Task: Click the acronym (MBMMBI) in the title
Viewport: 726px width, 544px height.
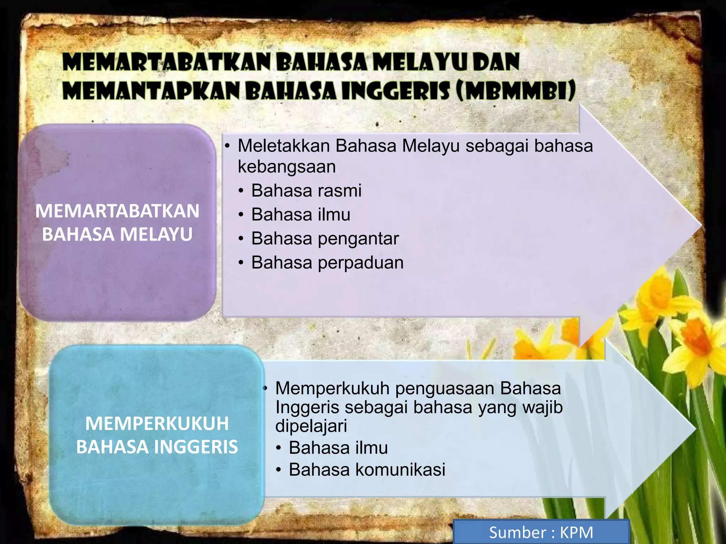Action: [516, 90]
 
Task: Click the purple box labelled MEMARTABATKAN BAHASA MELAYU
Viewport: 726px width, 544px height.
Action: [117, 222]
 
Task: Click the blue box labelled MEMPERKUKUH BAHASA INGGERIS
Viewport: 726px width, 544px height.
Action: [157, 435]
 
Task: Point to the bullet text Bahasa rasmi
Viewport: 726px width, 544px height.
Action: [306, 191]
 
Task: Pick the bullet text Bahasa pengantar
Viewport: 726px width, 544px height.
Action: [325, 238]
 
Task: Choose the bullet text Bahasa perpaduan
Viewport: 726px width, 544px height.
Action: [327, 263]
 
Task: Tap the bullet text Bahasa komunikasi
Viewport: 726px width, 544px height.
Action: [367, 470]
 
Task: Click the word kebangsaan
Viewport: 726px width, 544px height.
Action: [287, 166]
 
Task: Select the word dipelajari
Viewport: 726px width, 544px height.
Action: [311, 426]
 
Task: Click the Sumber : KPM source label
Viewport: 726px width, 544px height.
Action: [541, 532]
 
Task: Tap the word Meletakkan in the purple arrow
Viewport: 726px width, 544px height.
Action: [284, 146]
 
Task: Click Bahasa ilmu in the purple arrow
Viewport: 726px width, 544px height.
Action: [301, 215]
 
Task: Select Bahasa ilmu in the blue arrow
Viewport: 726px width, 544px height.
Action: [338, 448]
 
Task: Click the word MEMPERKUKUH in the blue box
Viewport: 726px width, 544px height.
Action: [157, 424]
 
